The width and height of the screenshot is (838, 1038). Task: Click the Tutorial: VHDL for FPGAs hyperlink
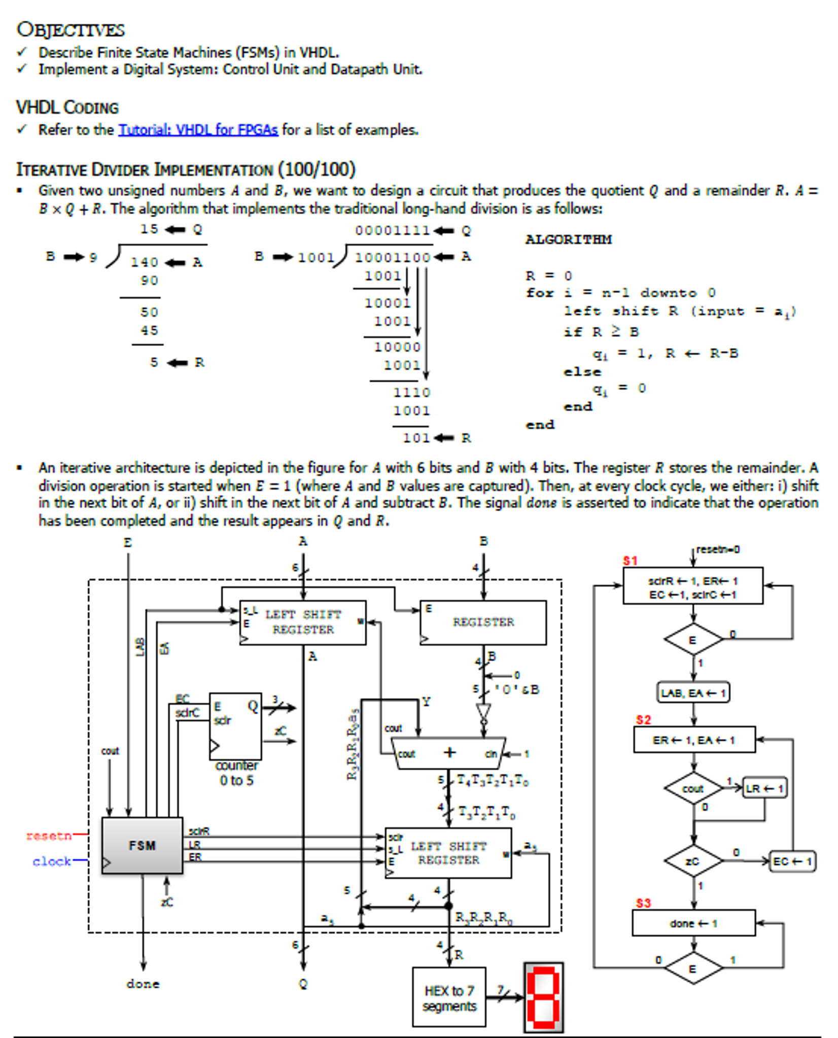198,130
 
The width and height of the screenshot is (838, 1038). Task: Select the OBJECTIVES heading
71,29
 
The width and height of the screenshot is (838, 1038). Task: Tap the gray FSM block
142,845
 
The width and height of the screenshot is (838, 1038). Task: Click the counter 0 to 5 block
235,726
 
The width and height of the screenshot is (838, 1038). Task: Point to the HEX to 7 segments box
449,997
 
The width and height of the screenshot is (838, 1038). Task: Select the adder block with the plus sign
449,753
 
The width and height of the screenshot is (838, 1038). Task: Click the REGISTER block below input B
483,622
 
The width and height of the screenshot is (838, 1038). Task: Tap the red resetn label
48,836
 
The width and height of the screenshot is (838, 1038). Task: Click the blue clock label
51,861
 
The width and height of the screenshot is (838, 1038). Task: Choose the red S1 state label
630,561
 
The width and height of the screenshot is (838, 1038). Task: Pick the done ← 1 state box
693,923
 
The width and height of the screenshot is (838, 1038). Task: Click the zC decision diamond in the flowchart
693,861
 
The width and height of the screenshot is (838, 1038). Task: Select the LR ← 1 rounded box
764,788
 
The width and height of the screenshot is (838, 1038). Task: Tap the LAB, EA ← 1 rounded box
693,693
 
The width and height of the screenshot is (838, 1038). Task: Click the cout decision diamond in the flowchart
693,788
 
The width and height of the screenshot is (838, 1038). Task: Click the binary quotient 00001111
392,231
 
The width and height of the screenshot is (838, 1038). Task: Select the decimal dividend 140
145,262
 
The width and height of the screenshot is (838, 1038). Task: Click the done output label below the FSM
143,984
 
